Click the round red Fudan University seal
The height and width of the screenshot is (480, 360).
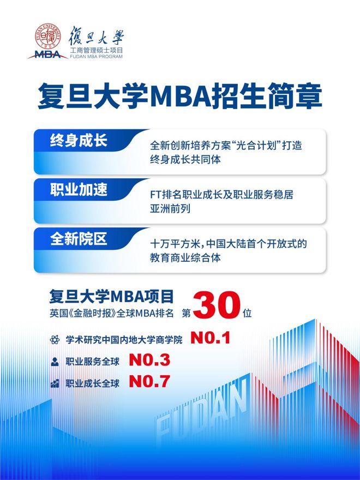click(48, 36)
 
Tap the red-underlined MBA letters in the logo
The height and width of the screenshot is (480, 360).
click(48, 55)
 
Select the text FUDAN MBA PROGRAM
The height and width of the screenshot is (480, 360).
click(96, 57)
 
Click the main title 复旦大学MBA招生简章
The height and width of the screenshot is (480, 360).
click(180, 96)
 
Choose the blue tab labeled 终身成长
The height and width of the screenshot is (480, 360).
click(79, 141)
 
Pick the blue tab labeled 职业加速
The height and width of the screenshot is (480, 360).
click(79, 190)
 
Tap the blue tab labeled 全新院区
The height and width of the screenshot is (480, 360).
click(79, 239)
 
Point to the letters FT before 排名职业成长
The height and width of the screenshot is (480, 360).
click(155, 195)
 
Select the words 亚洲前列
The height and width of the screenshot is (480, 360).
click(170, 209)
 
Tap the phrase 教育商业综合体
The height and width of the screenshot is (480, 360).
click(185, 258)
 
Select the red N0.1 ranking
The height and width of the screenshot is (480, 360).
click(211, 338)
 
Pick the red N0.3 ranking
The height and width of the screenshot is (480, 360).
click(149, 360)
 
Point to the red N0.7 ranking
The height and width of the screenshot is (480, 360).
click(149, 381)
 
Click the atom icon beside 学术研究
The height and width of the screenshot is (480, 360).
click(55, 339)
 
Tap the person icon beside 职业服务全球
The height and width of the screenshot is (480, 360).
click(55, 362)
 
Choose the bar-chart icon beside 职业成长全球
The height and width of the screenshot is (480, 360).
click(55, 383)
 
